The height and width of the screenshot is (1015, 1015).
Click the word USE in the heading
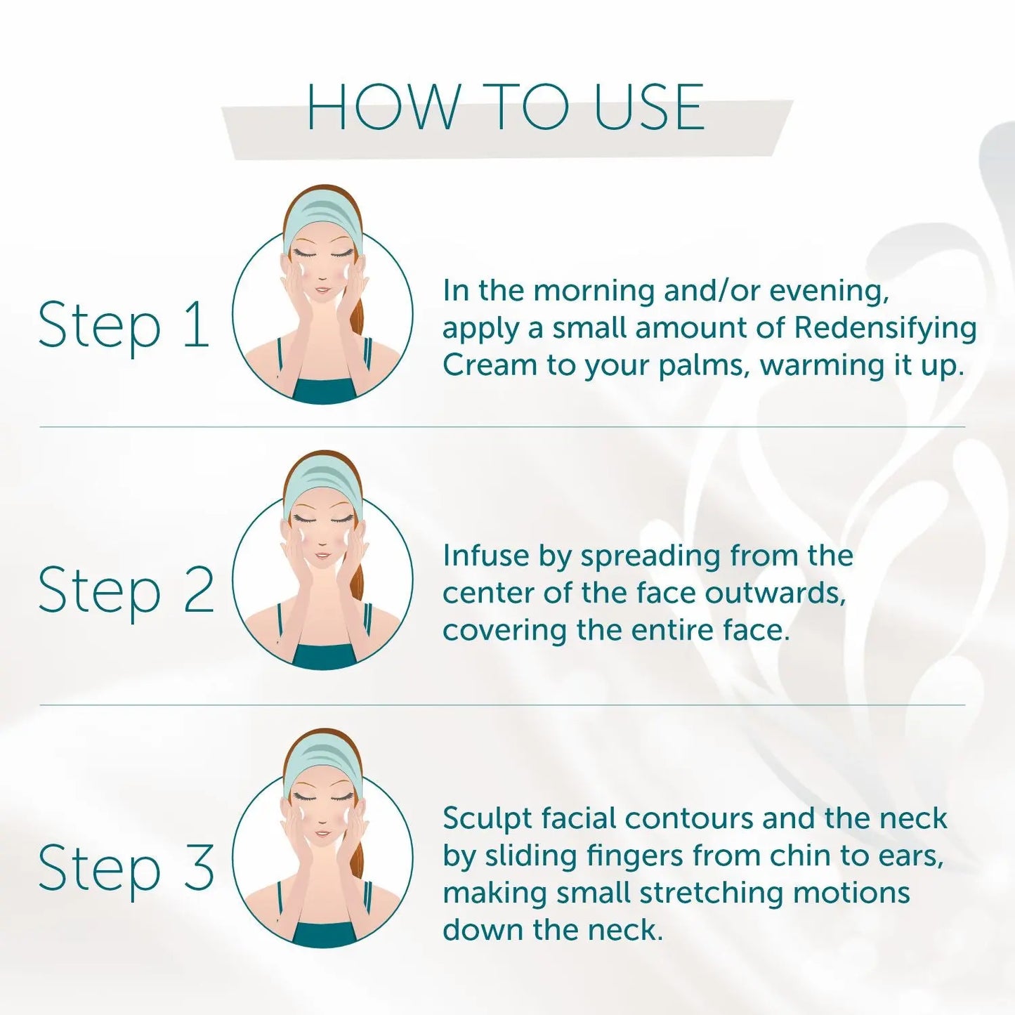click(x=649, y=106)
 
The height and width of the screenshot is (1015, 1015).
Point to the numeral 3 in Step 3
click(x=199, y=867)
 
